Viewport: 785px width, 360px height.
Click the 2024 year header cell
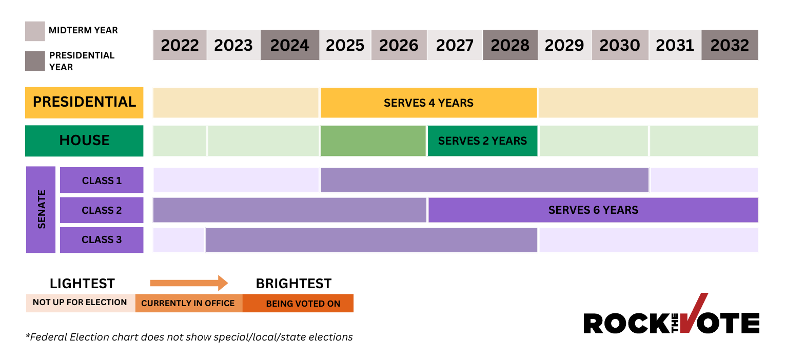pos(290,45)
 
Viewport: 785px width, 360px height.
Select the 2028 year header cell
pos(510,45)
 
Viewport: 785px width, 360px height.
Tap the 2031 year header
pos(675,45)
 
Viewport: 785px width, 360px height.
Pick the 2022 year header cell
pos(180,45)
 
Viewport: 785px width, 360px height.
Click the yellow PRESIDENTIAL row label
pos(84,102)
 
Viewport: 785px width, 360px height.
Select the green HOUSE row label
pos(84,141)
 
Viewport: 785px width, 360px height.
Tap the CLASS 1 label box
pos(102,181)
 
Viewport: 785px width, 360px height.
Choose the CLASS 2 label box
pos(102,210)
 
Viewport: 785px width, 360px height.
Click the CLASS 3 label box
pos(102,240)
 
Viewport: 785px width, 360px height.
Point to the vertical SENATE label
pos(41,209)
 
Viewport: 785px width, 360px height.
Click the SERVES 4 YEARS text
pos(428,103)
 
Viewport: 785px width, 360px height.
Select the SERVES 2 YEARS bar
pos(482,141)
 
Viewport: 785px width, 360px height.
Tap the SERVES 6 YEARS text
pos(593,210)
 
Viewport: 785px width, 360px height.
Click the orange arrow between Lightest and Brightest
pos(189,283)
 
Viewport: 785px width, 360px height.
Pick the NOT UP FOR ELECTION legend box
pos(80,303)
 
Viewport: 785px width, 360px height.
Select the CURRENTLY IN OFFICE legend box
pos(188,303)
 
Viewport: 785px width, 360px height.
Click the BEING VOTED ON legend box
pos(298,303)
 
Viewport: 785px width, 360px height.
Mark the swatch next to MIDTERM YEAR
pos(35,31)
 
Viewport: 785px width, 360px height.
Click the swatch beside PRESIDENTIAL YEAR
pos(35,61)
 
